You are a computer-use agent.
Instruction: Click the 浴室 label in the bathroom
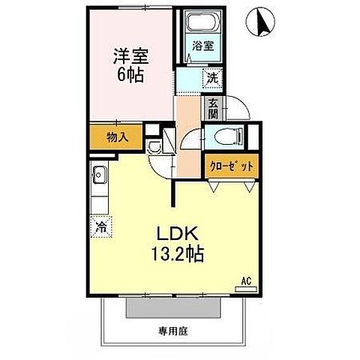(203, 45)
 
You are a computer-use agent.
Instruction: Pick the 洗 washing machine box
(212, 76)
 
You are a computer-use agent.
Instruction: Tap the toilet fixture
(225, 136)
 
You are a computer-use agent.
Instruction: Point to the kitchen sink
(100, 177)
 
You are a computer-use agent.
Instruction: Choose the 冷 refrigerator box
(100, 223)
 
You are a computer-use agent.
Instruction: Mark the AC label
(244, 282)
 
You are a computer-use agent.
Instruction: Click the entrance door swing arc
(239, 109)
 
